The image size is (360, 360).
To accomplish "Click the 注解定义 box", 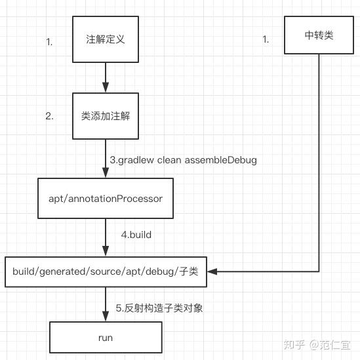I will (x=105, y=39).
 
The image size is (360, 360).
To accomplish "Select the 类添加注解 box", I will (x=105, y=116).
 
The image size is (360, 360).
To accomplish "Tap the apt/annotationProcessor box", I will (x=105, y=197).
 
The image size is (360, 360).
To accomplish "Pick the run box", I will (x=105, y=338).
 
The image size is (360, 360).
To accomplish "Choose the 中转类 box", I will (x=319, y=35).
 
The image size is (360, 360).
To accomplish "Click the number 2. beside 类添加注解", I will (x=49, y=116).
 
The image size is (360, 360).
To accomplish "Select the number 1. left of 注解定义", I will (x=49, y=42).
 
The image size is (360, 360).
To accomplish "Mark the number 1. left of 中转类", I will (x=266, y=39).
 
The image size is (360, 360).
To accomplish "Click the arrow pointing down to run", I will (x=105, y=305).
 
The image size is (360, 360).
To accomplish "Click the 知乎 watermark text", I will (x=293, y=344).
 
